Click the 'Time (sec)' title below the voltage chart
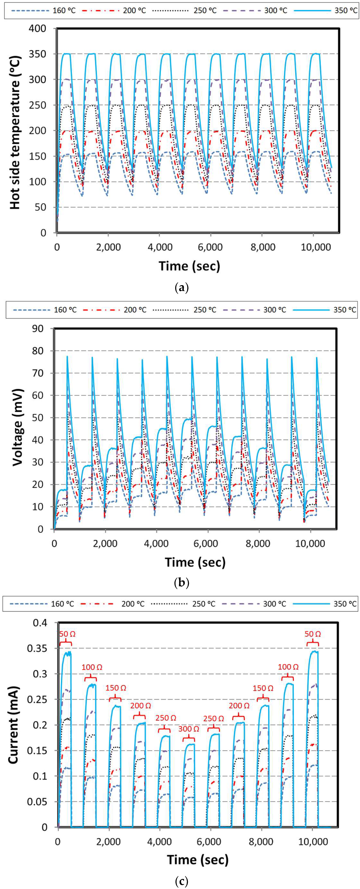pos(195,562)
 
